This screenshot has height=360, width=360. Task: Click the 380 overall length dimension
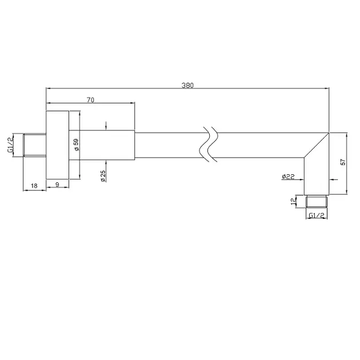[x=187, y=85]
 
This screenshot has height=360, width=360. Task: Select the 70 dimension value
[x=90, y=100]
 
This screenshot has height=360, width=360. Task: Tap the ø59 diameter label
[x=77, y=145]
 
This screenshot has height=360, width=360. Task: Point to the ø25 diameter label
[x=103, y=176]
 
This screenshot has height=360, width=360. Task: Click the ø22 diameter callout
[x=288, y=177]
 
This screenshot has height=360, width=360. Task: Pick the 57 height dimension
[x=343, y=162]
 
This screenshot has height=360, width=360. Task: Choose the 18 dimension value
[x=34, y=186]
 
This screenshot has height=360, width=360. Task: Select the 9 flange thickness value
[x=57, y=185]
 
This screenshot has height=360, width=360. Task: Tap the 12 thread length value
[x=293, y=202]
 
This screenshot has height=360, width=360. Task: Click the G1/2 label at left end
[x=11, y=144]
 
